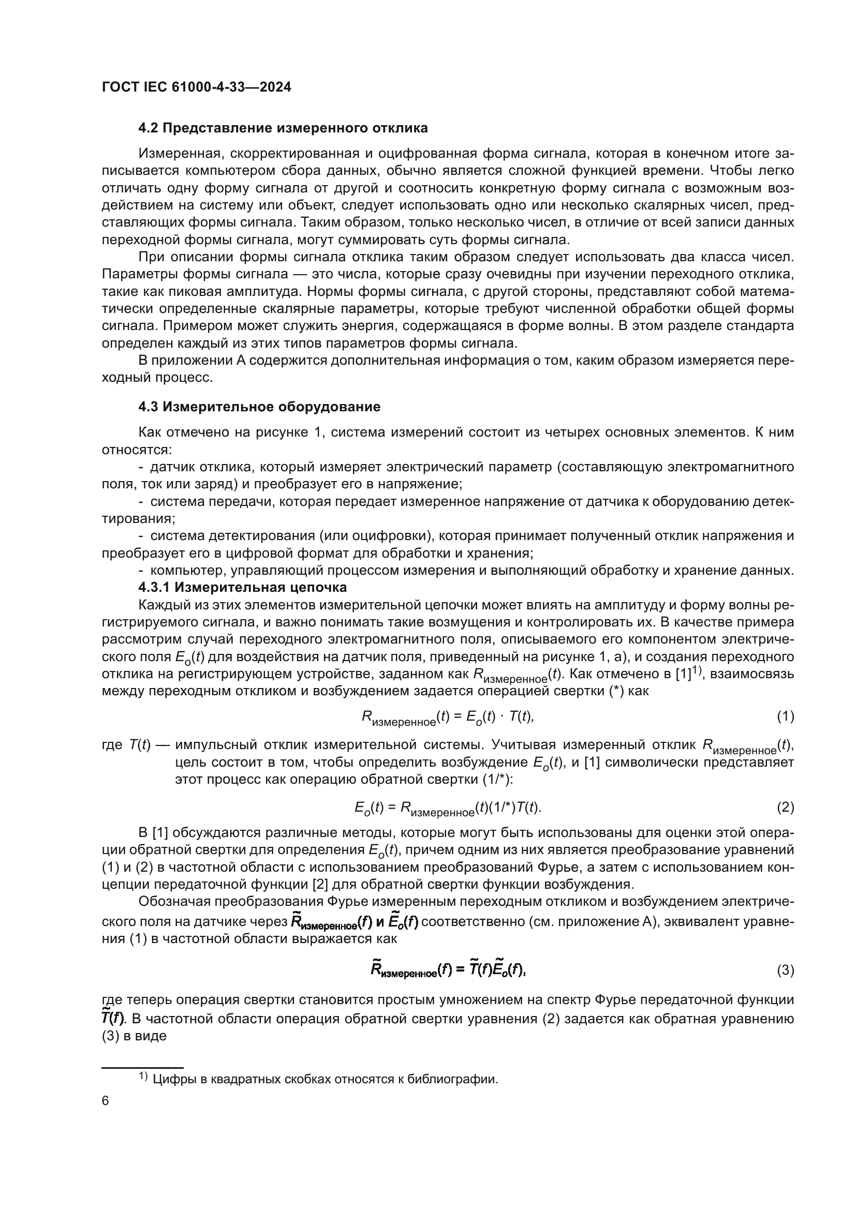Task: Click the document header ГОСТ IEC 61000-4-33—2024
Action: click(x=196, y=87)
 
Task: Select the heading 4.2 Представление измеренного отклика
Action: click(x=283, y=128)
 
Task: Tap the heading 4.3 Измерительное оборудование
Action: click(x=259, y=407)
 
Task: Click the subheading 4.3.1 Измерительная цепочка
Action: click(x=242, y=587)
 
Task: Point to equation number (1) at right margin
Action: click(x=785, y=716)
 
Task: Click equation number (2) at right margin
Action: click(x=785, y=808)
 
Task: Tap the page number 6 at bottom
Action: click(x=106, y=1101)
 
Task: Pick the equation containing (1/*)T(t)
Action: click(x=449, y=808)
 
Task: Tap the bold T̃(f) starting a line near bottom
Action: click(x=112, y=1018)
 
